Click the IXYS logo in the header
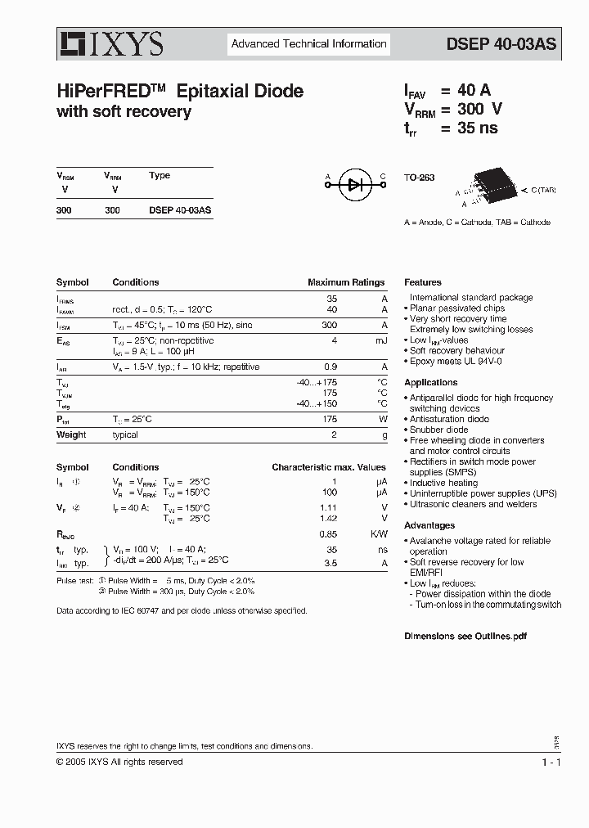click(110, 43)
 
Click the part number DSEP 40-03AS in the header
click(501, 44)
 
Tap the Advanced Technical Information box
click(308, 44)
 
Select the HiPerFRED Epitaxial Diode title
click(180, 92)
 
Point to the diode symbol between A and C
click(355, 185)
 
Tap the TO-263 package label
click(420, 178)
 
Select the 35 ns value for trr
click(477, 128)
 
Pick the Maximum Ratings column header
click(345, 282)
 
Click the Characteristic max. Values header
click(328, 467)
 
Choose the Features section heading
click(422, 282)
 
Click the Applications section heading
click(430, 382)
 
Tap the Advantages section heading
click(429, 525)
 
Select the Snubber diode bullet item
click(438, 430)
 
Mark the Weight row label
click(71, 434)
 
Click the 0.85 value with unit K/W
click(327, 534)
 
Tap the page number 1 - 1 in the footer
click(550, 762)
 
